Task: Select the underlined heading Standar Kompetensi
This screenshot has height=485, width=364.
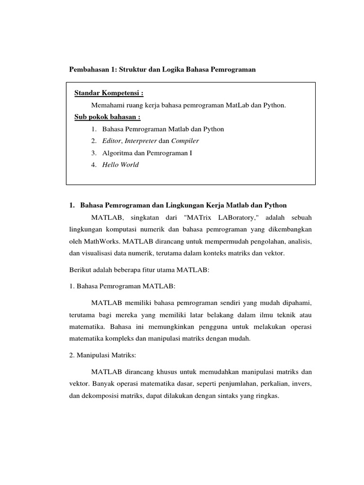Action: click(x=109, y=92)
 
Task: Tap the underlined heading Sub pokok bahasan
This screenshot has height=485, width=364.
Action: click(x=108, y=117)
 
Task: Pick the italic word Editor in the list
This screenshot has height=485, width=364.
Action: click(x=112, y=141)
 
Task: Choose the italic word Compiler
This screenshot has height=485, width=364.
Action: click(x=185, y=141)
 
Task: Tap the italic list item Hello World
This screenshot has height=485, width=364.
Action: click(x=120, y=165)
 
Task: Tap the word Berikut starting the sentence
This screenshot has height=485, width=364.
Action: click(x=80, y=270)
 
